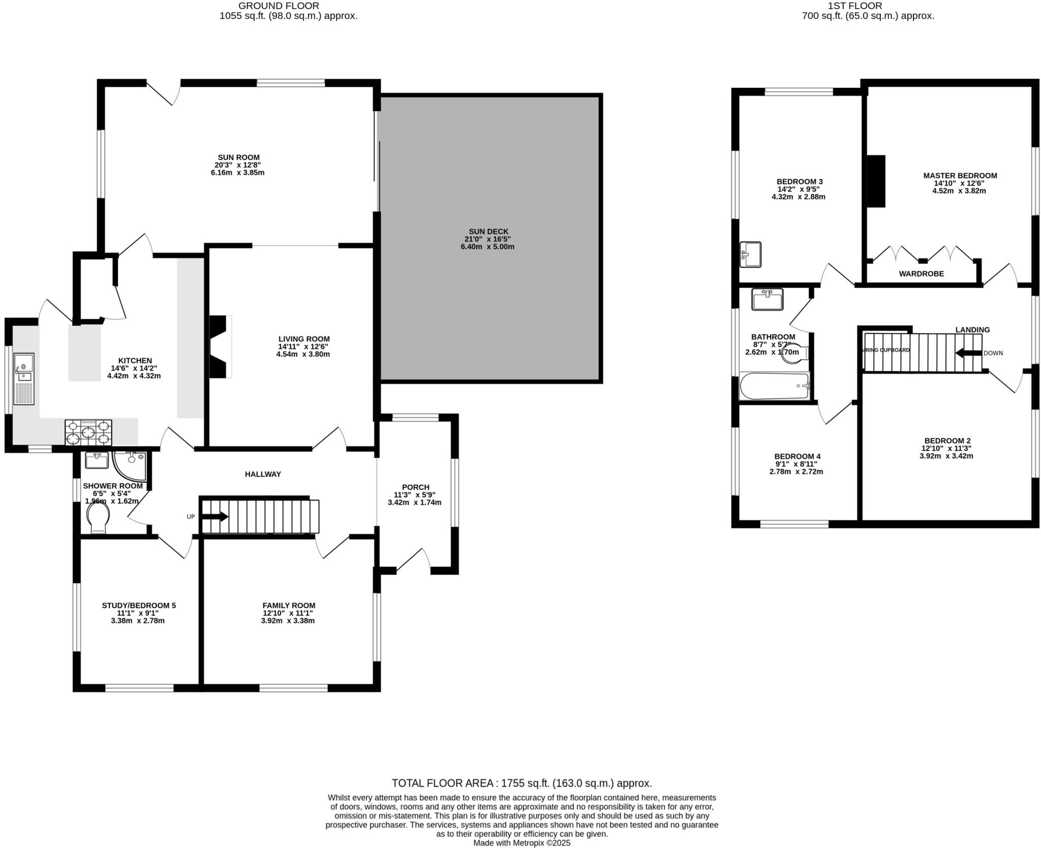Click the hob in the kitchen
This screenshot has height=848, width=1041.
[x=88, y=432]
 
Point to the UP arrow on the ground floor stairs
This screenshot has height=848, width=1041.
[x=215, y=516]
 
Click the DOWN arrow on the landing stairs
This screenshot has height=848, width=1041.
[x=968, y=353]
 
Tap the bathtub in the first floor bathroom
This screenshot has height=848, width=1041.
[x=774, y=386]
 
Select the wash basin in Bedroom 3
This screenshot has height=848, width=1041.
[x=751, y=254]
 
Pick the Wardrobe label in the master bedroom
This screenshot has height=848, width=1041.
[x=921, y=273]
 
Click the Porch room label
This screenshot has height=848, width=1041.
[x=415, y=487]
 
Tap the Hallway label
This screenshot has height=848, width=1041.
[x=263, y=474]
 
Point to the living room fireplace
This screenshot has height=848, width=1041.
[x=219, y=347]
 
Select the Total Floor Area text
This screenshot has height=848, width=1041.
[x=521, y=783]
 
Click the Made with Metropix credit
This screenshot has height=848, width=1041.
[x=522, y=842]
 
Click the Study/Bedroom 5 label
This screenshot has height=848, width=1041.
[x=139, y=605]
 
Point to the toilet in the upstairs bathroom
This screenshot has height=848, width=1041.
[x=793, y=353]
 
